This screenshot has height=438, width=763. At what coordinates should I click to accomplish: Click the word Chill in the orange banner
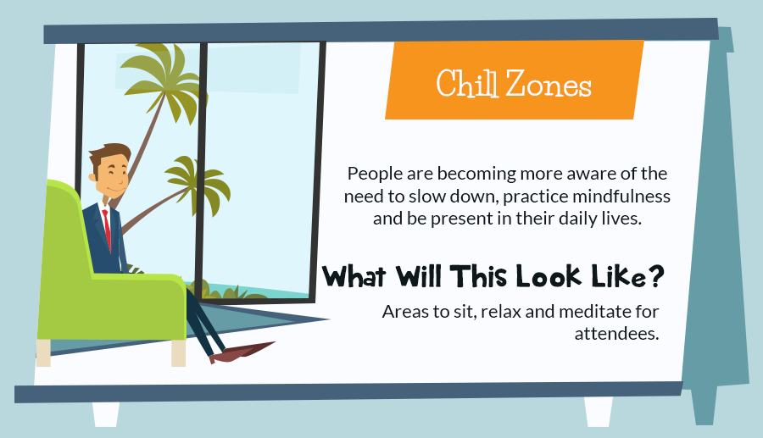click(466, 84)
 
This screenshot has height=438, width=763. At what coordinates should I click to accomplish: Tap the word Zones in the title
click(549, 84)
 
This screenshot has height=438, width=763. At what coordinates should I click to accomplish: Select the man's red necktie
click(107, 230)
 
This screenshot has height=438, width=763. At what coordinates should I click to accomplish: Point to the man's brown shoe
click(242, 352)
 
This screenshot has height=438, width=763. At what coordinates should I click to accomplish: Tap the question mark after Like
click(656, 276)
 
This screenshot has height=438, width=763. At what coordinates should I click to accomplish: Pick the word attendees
click(616, 334)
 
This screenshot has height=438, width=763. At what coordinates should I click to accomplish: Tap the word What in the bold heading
click(354, 276)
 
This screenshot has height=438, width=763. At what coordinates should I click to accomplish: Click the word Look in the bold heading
click(549, 276)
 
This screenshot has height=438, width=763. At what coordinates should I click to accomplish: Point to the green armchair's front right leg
click(178, 353)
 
